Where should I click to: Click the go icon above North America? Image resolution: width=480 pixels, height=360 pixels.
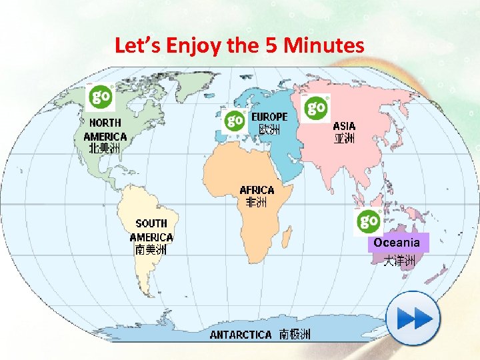coord(101,97)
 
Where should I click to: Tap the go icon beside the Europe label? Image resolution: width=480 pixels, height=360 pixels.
coord(235,121)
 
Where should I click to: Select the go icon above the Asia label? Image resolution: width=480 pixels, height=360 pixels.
coord(316,107)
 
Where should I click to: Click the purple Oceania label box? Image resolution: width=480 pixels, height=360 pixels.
coord(397,243)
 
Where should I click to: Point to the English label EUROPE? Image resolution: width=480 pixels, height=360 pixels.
coord(269,117)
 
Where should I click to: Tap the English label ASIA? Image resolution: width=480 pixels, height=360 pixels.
coord(344,126)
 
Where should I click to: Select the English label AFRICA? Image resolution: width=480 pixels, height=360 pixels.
coord(257,190)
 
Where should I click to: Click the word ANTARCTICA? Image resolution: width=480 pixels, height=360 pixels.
coord(241,335)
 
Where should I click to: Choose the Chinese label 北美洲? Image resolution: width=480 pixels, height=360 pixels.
coord(104,148)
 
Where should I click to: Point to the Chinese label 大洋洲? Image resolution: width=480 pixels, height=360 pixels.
coord(399,261)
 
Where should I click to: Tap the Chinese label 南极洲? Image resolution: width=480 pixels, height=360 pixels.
coord(294,334)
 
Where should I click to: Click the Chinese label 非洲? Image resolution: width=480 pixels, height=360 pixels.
coord(257,202)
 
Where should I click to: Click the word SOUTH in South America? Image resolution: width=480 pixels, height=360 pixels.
coord(151,223)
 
